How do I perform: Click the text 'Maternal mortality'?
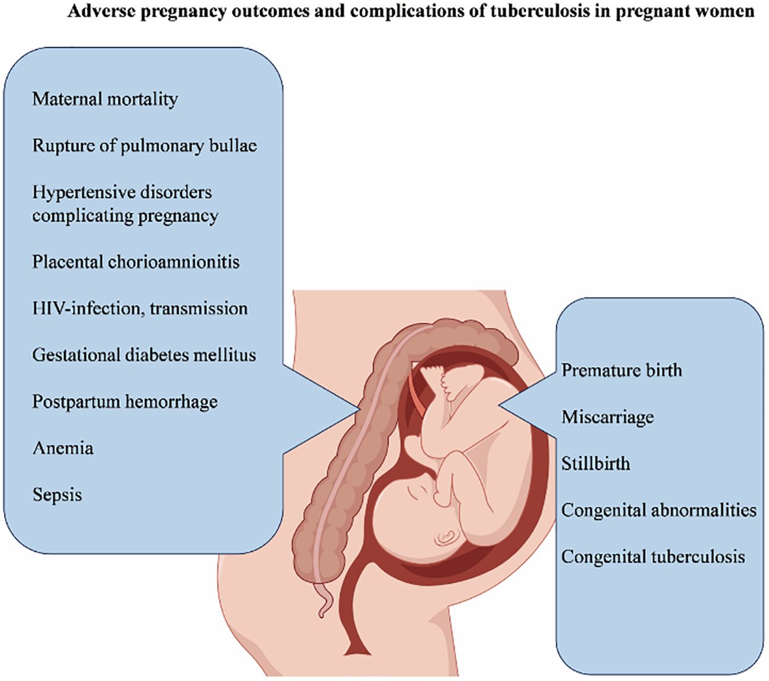coord(105,99)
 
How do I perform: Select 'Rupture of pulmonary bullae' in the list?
coord(144,146)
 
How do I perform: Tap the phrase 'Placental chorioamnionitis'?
coord(136,262)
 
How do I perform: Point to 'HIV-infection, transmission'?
coord(140,309)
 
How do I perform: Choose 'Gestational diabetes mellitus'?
coord(144,355)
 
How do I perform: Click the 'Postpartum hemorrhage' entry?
coord(125,401)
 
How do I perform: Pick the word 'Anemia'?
coord(63,448)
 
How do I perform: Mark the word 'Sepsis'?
coord(57,495)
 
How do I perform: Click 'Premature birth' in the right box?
coord(622,371)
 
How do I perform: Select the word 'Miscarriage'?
coord(607,417)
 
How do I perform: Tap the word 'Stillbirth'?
coord(596,463)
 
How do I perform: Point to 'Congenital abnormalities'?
coord(659,510)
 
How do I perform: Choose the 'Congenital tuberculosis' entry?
coord(653,557)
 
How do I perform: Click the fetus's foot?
coord(435,374)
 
